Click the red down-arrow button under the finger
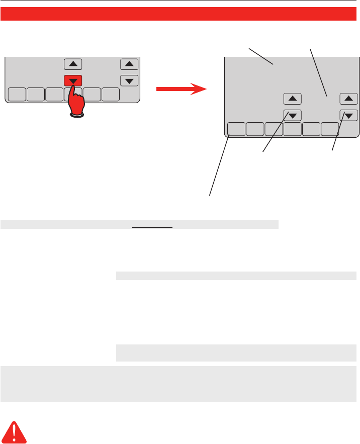(73, 79)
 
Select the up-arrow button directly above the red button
(73, 64)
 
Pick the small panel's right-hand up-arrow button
(129, 64)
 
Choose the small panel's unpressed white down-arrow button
(129, 80)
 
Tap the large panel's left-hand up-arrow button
(292, 99)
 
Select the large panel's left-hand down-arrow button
(292, 115)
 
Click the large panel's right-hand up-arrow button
(348, 99)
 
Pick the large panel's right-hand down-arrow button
(348, 115)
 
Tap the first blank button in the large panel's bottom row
(236, 129)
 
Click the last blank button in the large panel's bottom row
(330, 129)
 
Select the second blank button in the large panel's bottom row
(255, 129)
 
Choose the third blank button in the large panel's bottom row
(274, 129)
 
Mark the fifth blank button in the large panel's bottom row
(311, 129)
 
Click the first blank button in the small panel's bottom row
(17, 94)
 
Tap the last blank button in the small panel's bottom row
(111, 94)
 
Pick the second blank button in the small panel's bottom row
(35, 94)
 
